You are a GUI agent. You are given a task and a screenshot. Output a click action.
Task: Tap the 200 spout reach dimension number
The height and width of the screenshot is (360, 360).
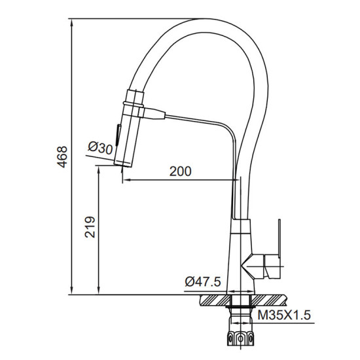pyautogui.click(x=180, y=171)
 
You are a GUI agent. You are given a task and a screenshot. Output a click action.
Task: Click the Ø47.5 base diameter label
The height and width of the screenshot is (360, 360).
pyautogui.click(x=202, y=281)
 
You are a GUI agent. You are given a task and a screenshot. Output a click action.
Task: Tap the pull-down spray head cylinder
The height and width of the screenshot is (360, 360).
pyautogui.click(x=128, y=134)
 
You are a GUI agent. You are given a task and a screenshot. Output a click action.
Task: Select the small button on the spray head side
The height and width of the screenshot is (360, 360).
pyautogui.click(x=118, y=136)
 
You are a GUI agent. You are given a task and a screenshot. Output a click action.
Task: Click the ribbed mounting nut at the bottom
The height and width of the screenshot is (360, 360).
pyautogui.click(x=240, y=338)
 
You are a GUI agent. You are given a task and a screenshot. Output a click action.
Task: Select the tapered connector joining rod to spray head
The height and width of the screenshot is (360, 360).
pyautogui.click(x=153, y=114)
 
